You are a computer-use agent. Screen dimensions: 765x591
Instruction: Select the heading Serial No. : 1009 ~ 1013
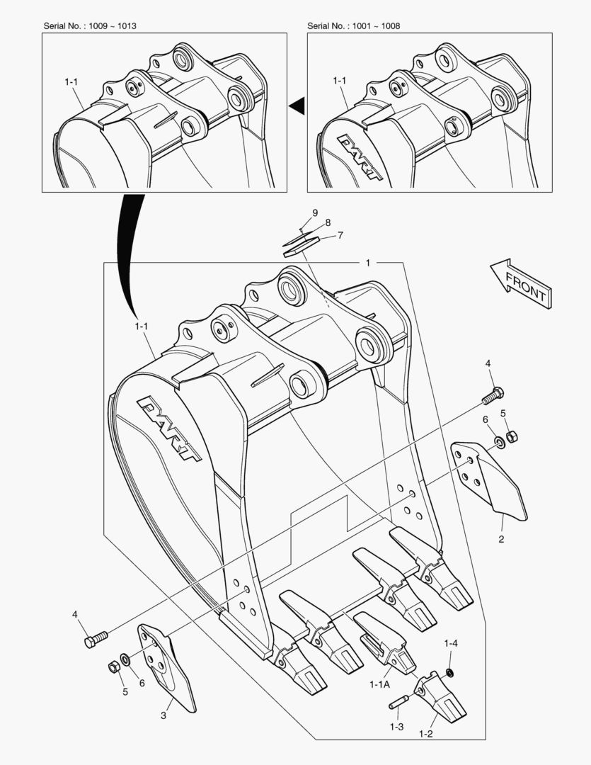tap(90, 25)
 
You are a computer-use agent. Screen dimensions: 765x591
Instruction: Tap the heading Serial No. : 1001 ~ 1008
tap(355, 25)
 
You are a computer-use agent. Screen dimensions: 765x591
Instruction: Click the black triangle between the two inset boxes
tap(297, 106)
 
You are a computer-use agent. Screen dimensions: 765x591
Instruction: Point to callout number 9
tap(316, 212)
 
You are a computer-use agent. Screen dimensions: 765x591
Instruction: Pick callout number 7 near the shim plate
tap(340, 234)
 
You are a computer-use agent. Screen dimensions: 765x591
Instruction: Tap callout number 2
tap(500, 539)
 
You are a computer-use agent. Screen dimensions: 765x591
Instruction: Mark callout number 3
tap(163, 715)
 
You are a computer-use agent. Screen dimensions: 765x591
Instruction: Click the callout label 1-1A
tap(380, 684)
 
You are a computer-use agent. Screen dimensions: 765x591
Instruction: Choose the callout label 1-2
tap(425, 734)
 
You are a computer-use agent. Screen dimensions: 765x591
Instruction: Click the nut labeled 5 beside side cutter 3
tap(112, 667)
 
